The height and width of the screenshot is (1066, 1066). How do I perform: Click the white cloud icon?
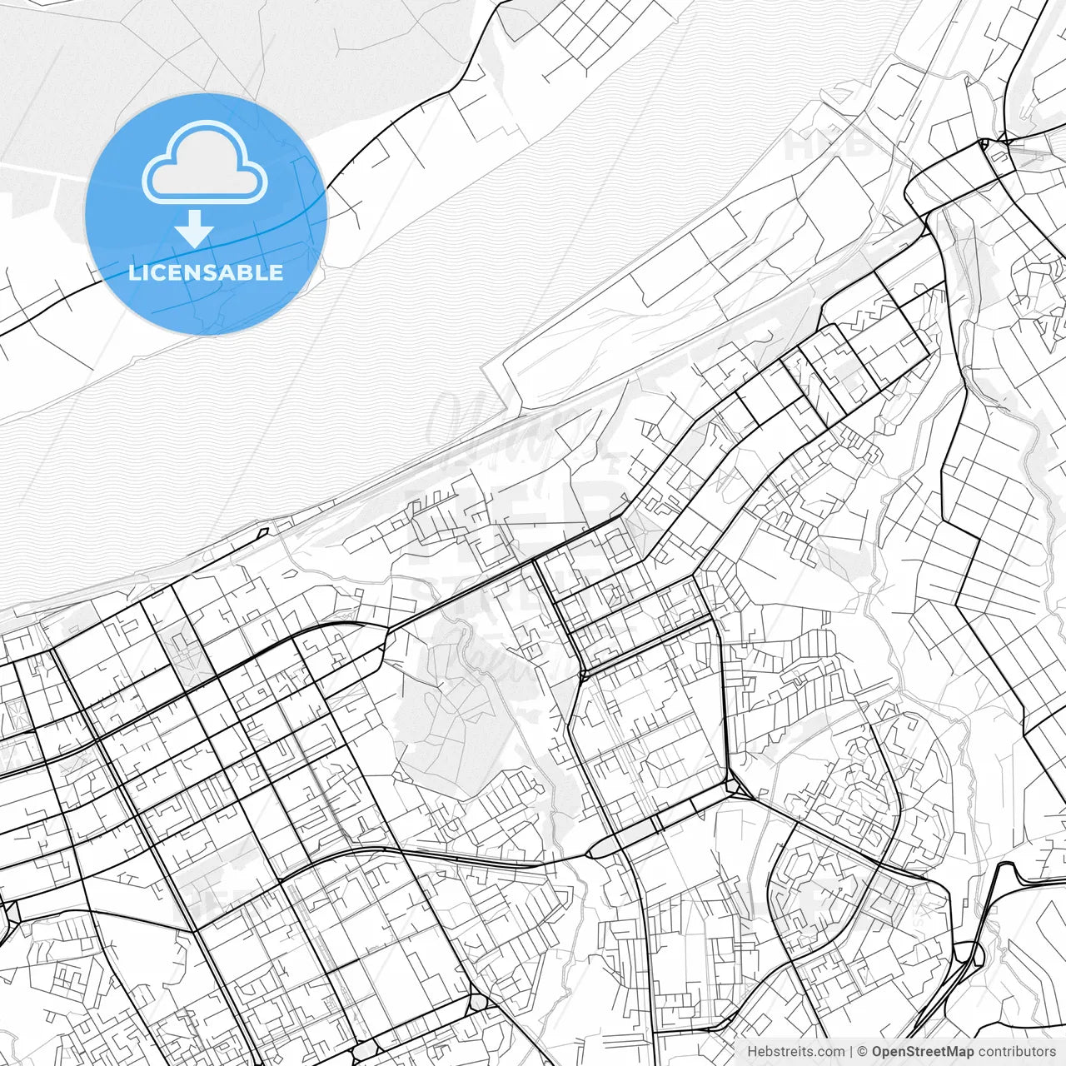pos(205,163)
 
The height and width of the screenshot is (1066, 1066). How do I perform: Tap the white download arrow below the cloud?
pos(195,228)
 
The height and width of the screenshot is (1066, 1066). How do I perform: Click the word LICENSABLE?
pos(206,272)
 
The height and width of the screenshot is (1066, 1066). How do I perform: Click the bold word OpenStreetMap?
pos(923,1052)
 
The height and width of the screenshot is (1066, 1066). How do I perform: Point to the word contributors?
pos(1017,1052)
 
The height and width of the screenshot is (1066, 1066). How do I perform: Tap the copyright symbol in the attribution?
pos(863,1052)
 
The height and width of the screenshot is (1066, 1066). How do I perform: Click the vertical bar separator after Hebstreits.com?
pos(851,1052)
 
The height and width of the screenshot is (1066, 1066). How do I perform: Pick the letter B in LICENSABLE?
pos(247,272)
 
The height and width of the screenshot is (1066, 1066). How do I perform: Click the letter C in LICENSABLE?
pos(153,272)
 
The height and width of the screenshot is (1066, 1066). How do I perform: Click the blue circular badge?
pos(206,213)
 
